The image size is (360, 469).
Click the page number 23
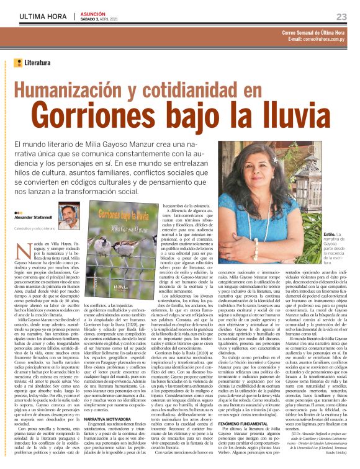(341, 16)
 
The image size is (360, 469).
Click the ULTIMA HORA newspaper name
(39, 16)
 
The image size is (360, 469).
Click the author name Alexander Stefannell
(33, 218)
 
